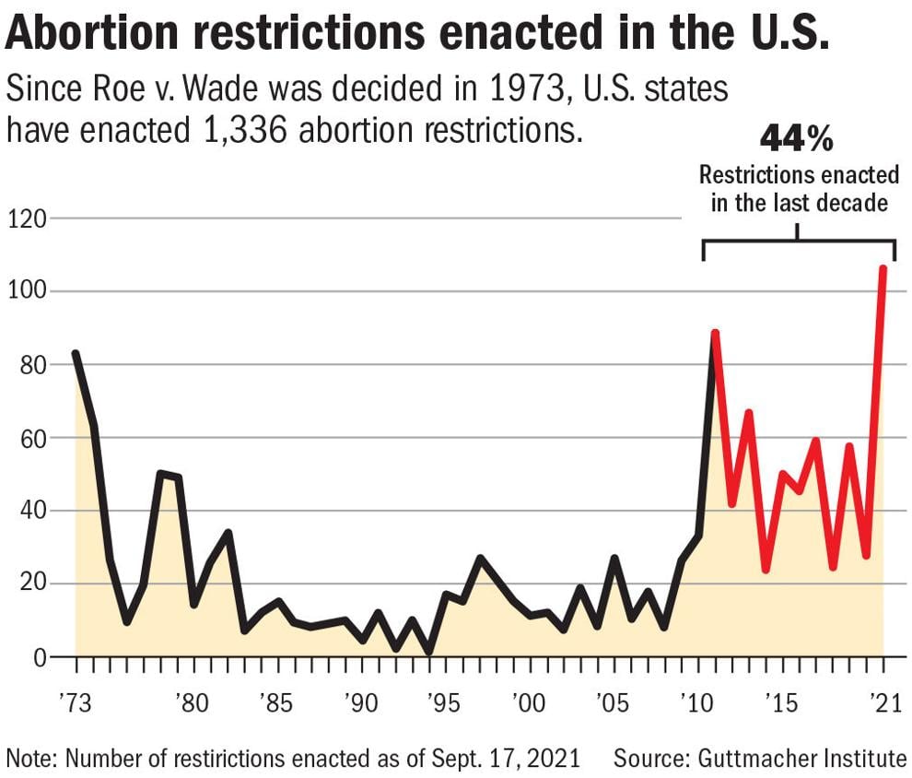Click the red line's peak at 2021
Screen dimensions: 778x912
[883, 268]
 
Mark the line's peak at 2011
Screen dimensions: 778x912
[715, 333]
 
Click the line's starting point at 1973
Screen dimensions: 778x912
[76, 354]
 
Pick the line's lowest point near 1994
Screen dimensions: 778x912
[428, 652]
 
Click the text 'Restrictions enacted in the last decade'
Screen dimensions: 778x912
[798, 188]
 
